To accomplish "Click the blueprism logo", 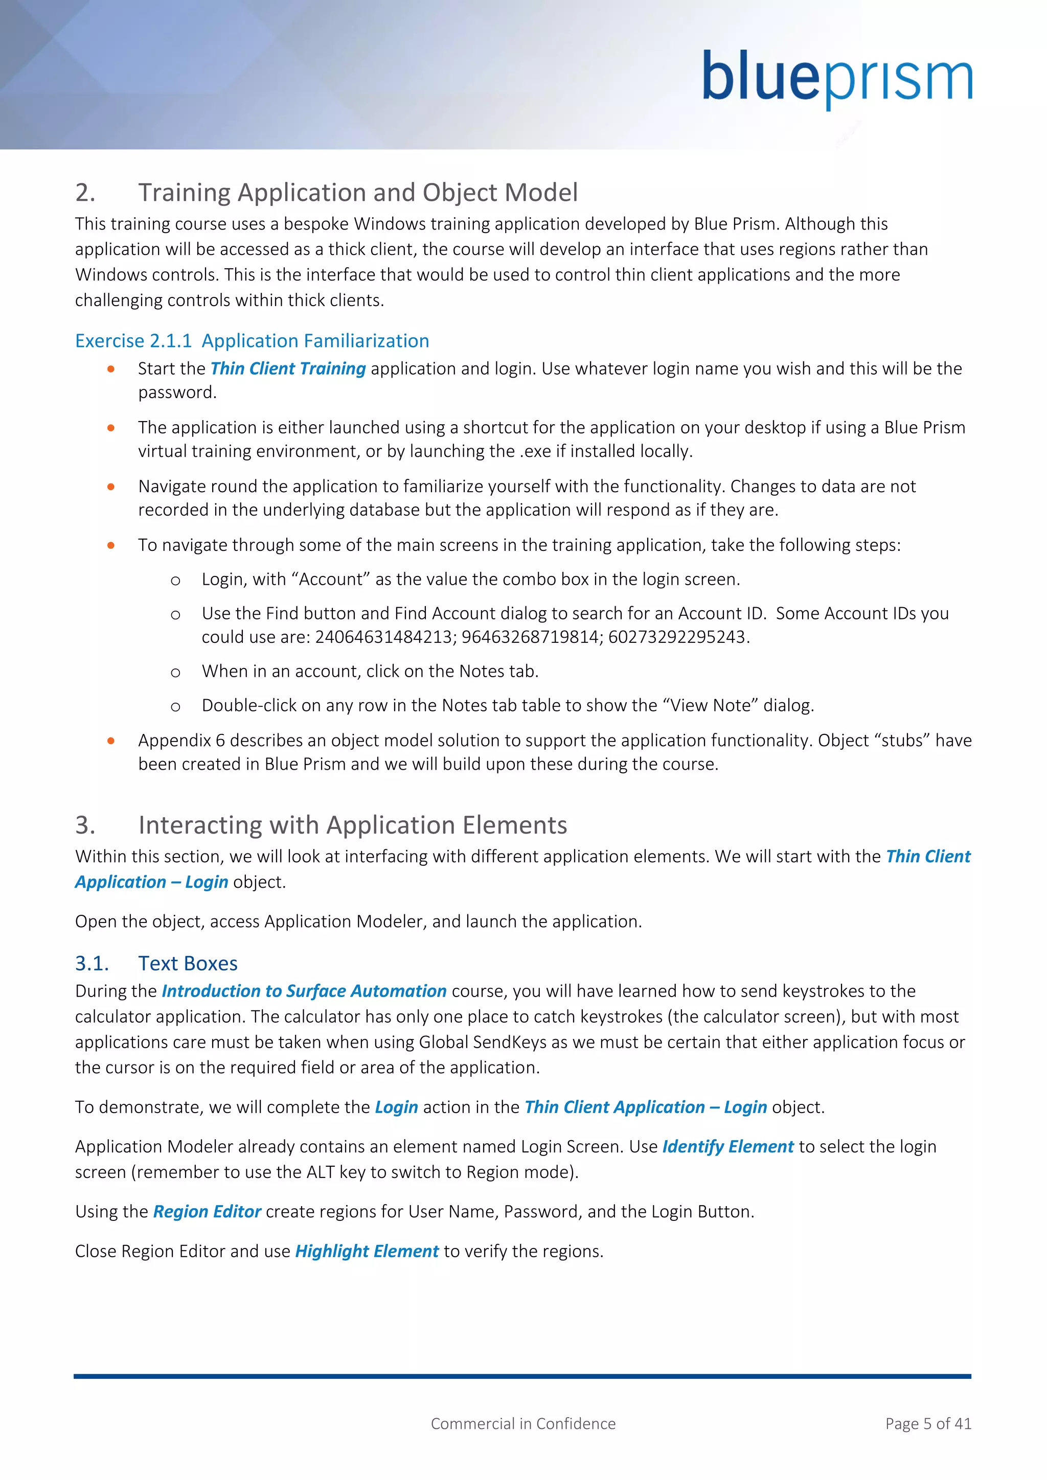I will [x=837, y=79].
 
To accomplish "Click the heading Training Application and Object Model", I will [x=358, y=193].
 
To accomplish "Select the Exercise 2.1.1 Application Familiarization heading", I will [x=252, y=340].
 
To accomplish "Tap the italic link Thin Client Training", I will [x=288, y=368].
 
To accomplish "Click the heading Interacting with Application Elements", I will [x=353, y=825].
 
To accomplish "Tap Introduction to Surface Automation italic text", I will [x=304, y=991].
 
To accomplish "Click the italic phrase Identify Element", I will [x=728, y=1147].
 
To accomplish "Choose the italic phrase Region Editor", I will [x=207, y=1212].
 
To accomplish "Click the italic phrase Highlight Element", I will [x=367, y=1251].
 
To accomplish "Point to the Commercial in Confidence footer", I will [x=523, y=1423].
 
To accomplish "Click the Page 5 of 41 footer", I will [x=928, y=1423].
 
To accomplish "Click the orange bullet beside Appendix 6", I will [x=111, y=741].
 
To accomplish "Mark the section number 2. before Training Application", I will [x=85, y=193].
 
